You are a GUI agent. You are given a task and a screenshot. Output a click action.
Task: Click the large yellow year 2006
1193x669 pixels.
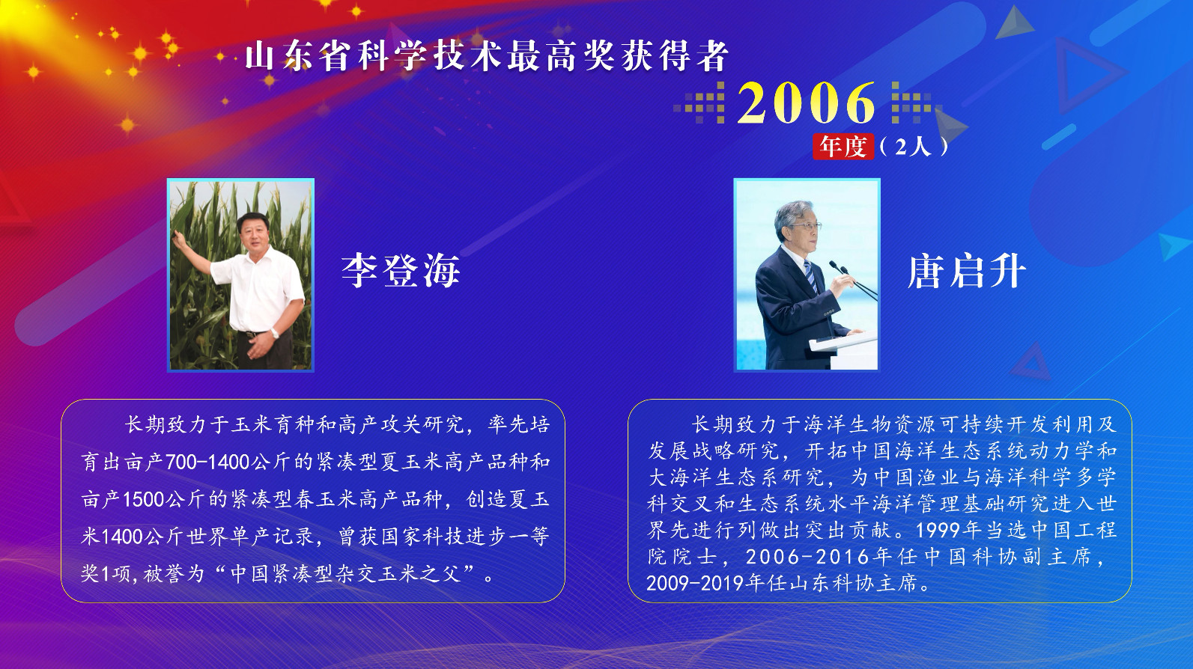(x=806, y=103)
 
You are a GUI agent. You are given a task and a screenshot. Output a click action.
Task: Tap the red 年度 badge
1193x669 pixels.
(x=843, y=146)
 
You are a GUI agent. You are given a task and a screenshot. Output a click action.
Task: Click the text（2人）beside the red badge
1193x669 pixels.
(x=913, y=146)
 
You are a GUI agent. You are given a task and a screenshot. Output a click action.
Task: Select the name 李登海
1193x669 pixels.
(x=401, y=271)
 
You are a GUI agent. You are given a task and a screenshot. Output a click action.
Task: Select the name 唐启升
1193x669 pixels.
(x=966, y=271)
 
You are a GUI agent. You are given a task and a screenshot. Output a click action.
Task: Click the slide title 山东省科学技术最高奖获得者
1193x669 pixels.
(x=487, y=56)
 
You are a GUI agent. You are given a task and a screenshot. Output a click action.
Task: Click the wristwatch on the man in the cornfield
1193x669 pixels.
(x=275, y=333)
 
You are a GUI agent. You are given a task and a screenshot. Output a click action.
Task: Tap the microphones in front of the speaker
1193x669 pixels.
(x=843, y=269)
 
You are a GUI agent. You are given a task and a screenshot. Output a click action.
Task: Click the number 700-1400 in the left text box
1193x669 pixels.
(x=207, y=462)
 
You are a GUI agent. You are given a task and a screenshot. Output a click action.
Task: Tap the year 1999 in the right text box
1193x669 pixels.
(x=938, y=531)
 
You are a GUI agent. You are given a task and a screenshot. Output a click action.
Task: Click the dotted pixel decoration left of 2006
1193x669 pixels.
(x=700, y=103)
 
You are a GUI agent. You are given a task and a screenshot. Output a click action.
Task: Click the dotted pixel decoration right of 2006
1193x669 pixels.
(x=912, y=103)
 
